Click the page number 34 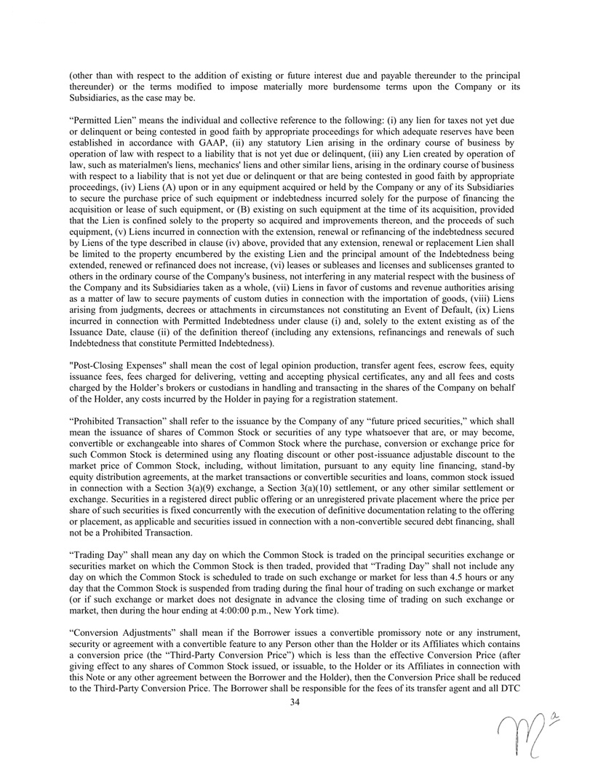295,701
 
